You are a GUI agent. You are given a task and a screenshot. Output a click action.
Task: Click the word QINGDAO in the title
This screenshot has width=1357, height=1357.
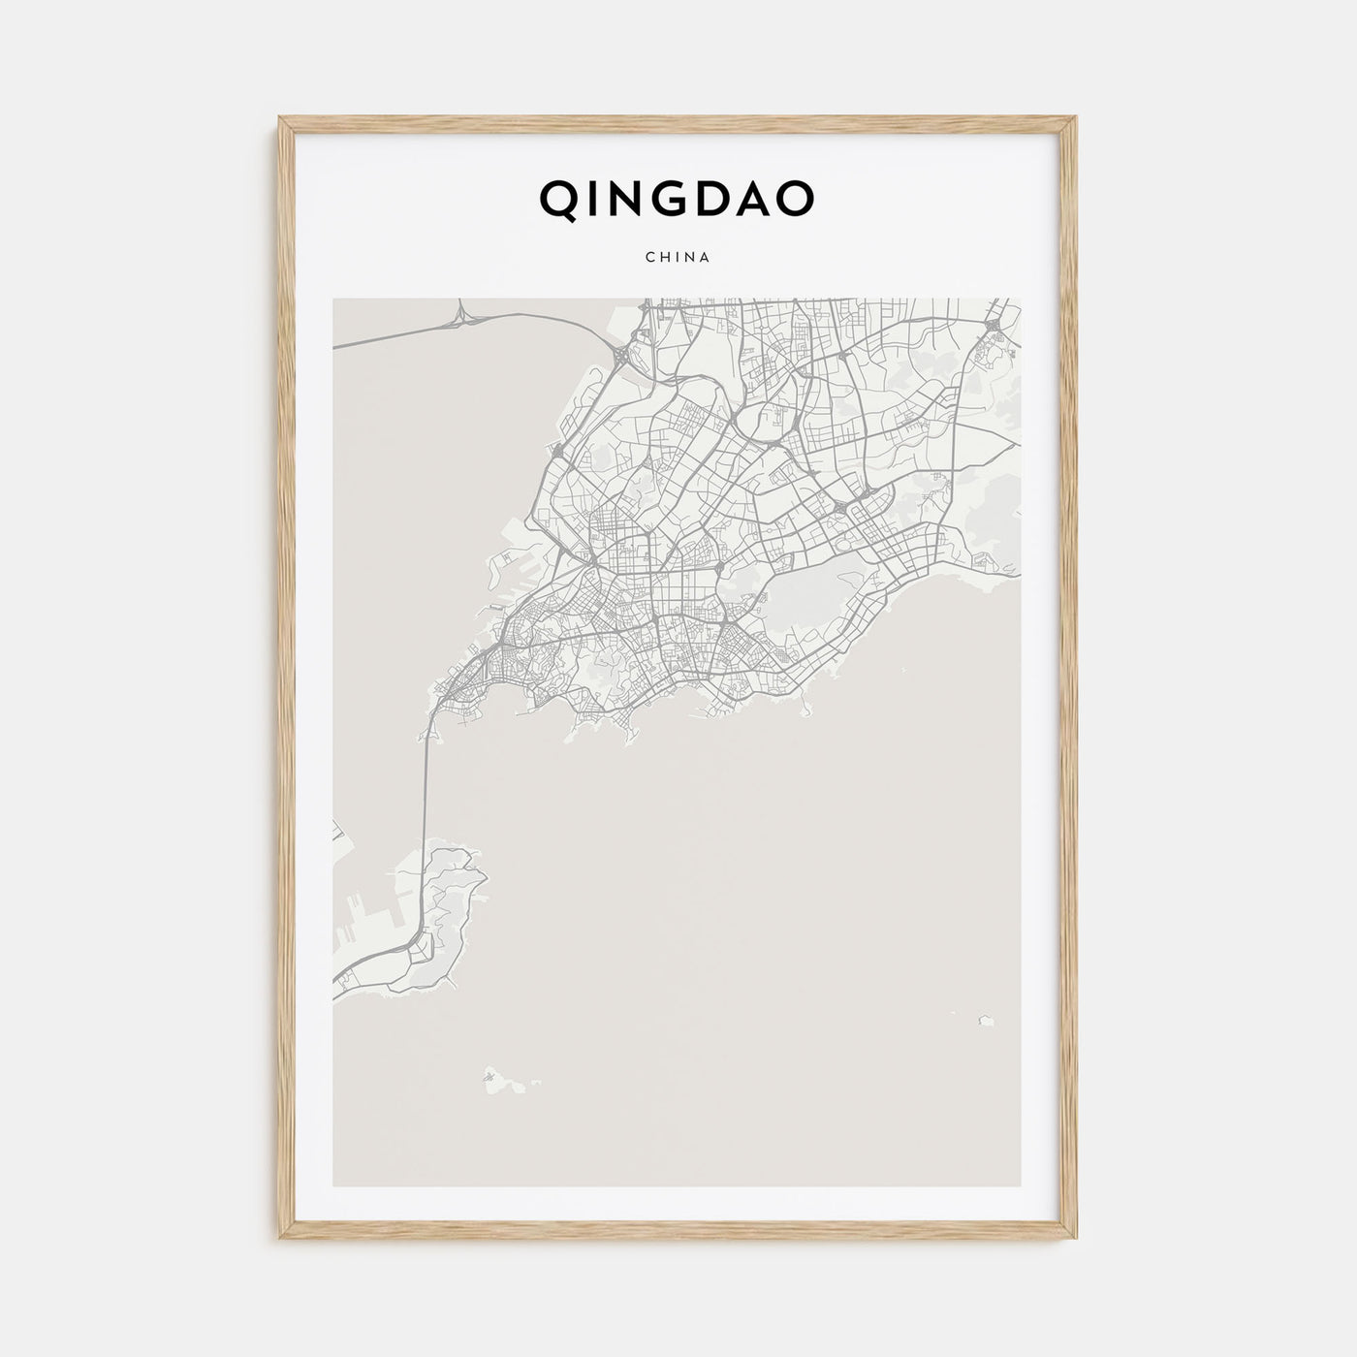pos(677,199)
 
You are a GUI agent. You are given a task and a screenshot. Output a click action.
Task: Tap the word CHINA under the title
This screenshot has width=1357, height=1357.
pos(678,258)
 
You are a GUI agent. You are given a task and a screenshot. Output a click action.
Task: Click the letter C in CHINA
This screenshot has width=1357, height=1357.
pos(648,258)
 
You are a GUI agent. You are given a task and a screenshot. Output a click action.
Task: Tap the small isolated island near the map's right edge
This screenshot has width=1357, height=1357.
pos(986,1020)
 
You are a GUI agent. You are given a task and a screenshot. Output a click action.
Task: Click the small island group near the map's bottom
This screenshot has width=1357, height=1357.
pos(494,1075)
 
